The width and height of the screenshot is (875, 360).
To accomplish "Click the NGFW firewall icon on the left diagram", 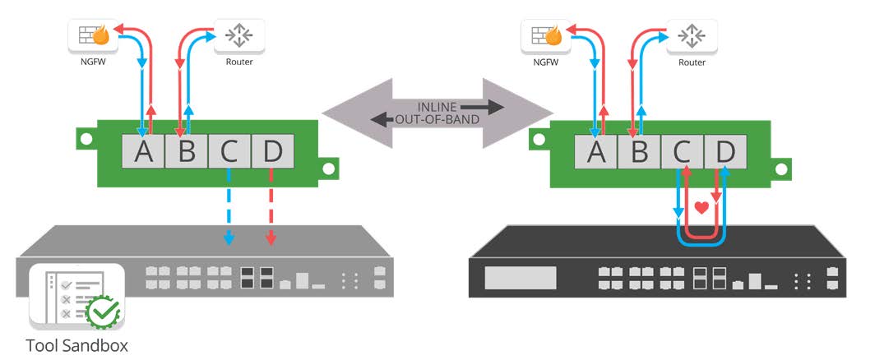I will point(92,35).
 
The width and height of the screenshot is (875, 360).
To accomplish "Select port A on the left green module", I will point(143,150).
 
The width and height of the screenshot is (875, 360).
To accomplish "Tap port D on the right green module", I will point(725,150).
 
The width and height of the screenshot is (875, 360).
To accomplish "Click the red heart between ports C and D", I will point(701,209).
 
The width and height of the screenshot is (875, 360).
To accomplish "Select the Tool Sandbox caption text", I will point(77,344).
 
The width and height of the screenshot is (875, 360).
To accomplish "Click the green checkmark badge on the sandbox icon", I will point(105,311).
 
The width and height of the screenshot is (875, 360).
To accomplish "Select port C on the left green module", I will point(229,150).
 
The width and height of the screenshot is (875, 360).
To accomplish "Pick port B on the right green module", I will point(639,150).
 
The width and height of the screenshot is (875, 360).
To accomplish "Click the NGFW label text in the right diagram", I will point(546,62).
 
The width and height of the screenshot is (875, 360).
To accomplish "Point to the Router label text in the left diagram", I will point(238,62).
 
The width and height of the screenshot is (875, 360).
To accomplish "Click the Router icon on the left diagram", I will point(239,35).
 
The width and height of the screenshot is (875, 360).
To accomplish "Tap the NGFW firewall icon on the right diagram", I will point(546,35).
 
